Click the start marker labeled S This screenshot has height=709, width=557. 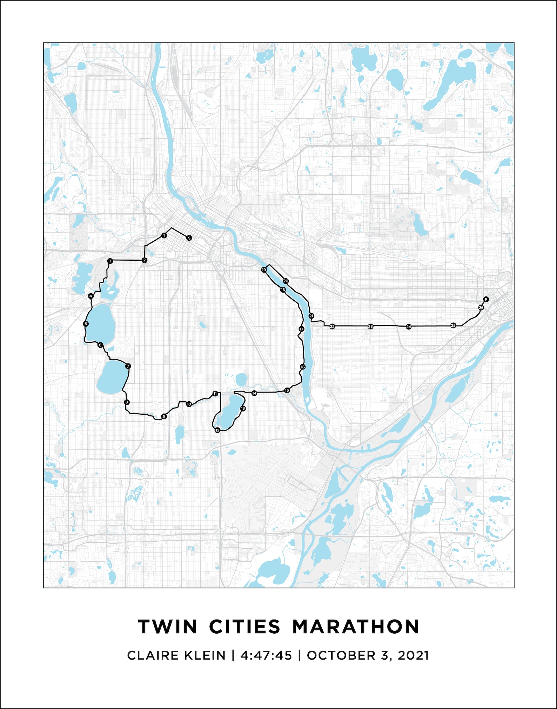(189, 238)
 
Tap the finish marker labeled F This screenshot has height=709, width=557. (486, 299)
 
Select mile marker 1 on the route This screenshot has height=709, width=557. (164, 235)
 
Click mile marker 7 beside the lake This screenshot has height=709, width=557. (128, 366)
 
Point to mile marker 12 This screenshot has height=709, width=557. (217, 430)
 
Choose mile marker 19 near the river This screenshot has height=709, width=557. (264, 270)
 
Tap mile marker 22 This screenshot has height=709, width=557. (332, 327)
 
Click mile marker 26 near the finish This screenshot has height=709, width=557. (481, 308)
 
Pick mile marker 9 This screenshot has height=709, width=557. (163, 416)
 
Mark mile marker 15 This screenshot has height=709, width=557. (287, 390)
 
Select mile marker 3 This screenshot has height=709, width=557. (110, 261)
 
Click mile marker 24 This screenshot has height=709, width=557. (409, 327)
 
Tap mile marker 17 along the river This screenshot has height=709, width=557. (301, 329)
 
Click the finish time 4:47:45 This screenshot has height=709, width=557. (266, 656)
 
